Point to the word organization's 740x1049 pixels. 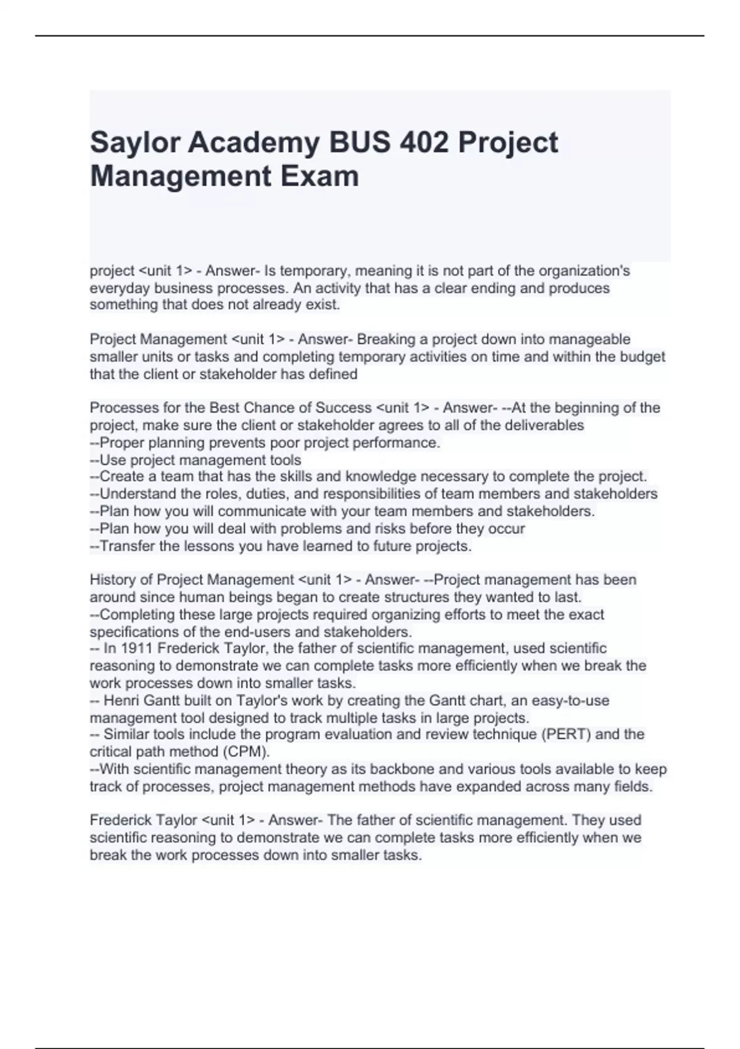pyautogui.click(x=584, y=271)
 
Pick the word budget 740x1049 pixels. pyautogui.click(x=641, y=357)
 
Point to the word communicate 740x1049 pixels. pyautogui.click(x=262, y=511)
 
